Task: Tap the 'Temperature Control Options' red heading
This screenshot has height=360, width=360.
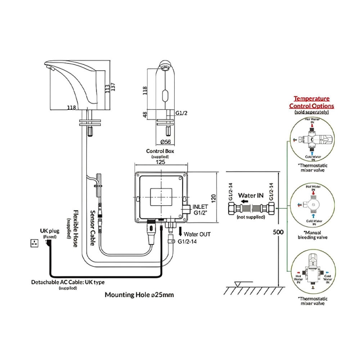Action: click(x=311, y=102)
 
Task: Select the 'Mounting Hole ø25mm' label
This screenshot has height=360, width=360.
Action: click(x=139, y=295)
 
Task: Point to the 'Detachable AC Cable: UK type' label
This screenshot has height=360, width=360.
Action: click(x=67, y=282)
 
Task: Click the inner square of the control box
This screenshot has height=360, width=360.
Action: click(x=160, y=196)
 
